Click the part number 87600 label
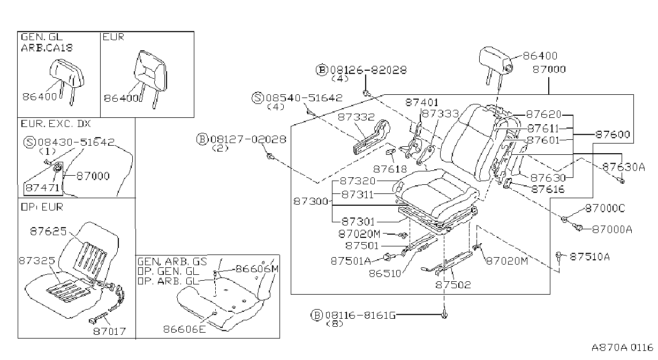coord(613,134)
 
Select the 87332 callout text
coord(356,117)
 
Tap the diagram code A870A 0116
coord(622,348)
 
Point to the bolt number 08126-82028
coord(368,70)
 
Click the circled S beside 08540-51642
coord(258,98)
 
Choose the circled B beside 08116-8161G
coord(316,316)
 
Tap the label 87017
coord(110,332)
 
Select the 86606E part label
coord(185,329)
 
